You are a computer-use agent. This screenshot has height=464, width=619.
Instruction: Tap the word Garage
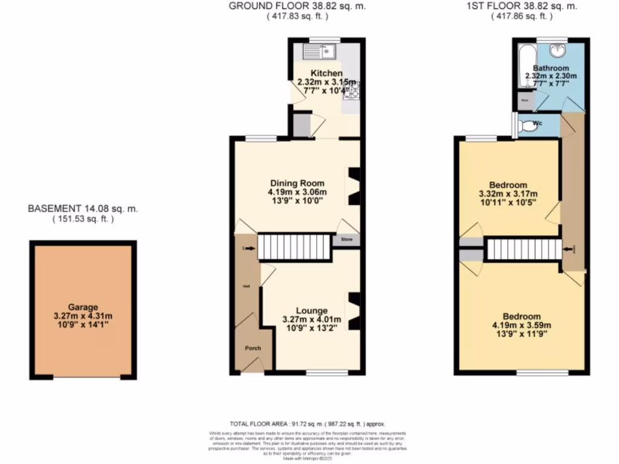click(x=83, y=307)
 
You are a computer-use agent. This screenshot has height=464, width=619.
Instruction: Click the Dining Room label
click(x=297, y=183)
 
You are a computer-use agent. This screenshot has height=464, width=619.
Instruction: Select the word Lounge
click(x=311, y=310)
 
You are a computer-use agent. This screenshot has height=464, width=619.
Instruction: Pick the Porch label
click(x=253, y=349)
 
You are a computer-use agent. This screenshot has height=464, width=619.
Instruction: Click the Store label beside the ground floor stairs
click(x=346, y=239)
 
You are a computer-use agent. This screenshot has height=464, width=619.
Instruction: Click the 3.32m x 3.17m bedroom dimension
click(x=508, y=194)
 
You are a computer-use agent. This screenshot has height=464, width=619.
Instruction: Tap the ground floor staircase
click(x=294, y=248)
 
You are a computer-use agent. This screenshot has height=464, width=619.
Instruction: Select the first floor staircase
click(x=524, y=250)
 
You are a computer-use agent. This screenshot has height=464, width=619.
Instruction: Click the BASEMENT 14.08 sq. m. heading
click(x=83, y=208)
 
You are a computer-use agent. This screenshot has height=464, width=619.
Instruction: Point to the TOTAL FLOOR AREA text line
click(x=307, y=424)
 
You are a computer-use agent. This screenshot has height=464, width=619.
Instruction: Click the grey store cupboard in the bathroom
click(x=525, y=101)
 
